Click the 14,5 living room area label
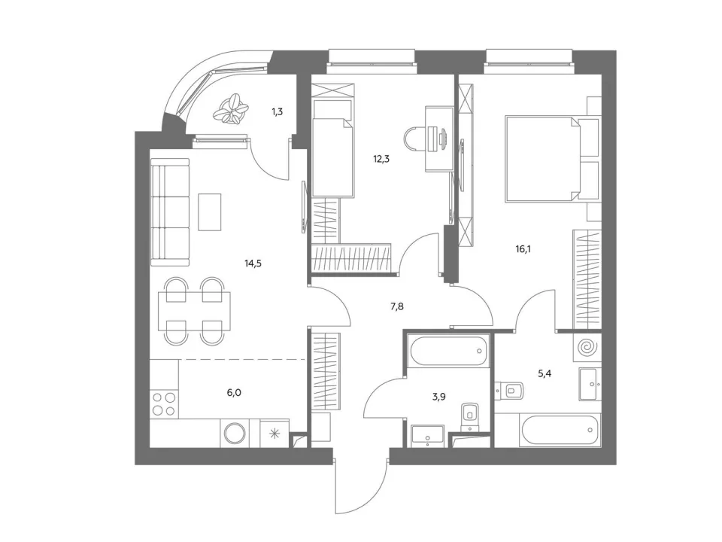pyautogui.click(x=253, y=263)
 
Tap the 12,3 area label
pyautogui.click(x=381, y=160)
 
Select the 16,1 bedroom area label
pyautogui.click(x=523, y=249)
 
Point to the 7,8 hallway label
pyautogui.click(x=397, y=306)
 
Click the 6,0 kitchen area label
pyautogui.click(x=234, y=393)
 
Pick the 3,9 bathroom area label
pyautogui.click(x=438, y=397)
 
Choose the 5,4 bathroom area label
pyautogui.click(x=545, y=374)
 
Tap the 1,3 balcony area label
pyautogui.click(x=278, y=111)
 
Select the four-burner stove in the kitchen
pyautogui.click(x=165, y=403)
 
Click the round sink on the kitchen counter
pyautogui.click(x=235, y=434)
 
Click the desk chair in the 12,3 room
pyautogui.click(x=414, y=139)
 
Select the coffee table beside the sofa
pyautogui.click(x=210, y=212)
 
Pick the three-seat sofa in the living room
pyautogui.click(x=170, y=212)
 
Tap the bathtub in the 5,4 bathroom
pyautogui.click(x=560, y=431)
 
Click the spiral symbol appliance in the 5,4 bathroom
pyautogui.click(x=588, y=346)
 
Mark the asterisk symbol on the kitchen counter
pyautogui.click(x=275, y=434)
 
